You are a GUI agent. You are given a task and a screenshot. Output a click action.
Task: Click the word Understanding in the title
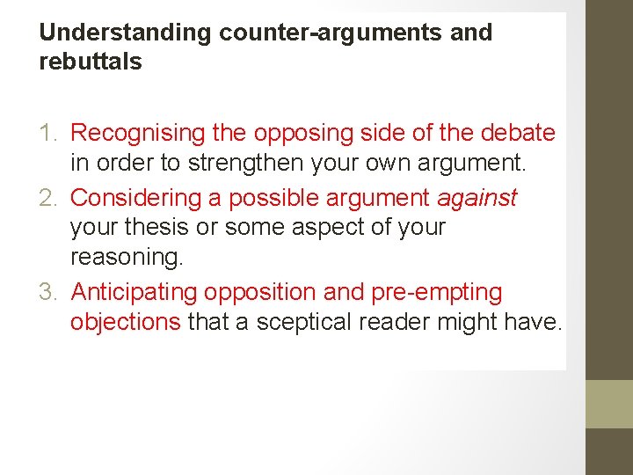coord(126,33)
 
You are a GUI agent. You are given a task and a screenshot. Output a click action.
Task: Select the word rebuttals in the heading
coord(91,63)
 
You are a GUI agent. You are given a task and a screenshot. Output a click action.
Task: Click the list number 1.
coord(50,134)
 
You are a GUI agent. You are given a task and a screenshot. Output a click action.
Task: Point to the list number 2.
coord(50,198)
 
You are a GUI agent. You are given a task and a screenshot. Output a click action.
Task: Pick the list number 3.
coord(50,292)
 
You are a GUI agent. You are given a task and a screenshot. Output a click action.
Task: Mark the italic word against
coord(478,198)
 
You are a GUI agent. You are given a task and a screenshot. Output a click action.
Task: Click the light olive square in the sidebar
coord(609,405)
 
